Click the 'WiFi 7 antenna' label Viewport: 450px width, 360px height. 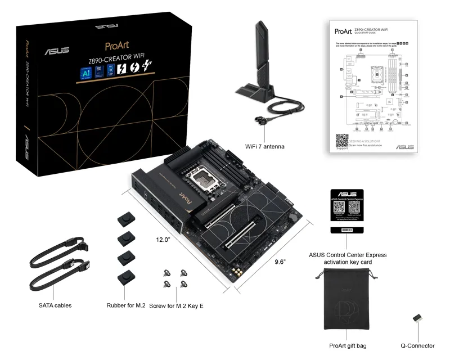(x=265, y=147)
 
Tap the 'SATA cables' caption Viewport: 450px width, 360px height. (x=55, y=305)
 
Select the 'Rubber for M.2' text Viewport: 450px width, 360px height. (x=126, y=305)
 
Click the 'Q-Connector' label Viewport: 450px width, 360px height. (x=417, y=346)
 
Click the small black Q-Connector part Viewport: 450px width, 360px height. (x=417, y=318)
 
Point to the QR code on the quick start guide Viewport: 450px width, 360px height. (x=342, y=140)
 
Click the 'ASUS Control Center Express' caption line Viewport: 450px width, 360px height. (x=348, y=255)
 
